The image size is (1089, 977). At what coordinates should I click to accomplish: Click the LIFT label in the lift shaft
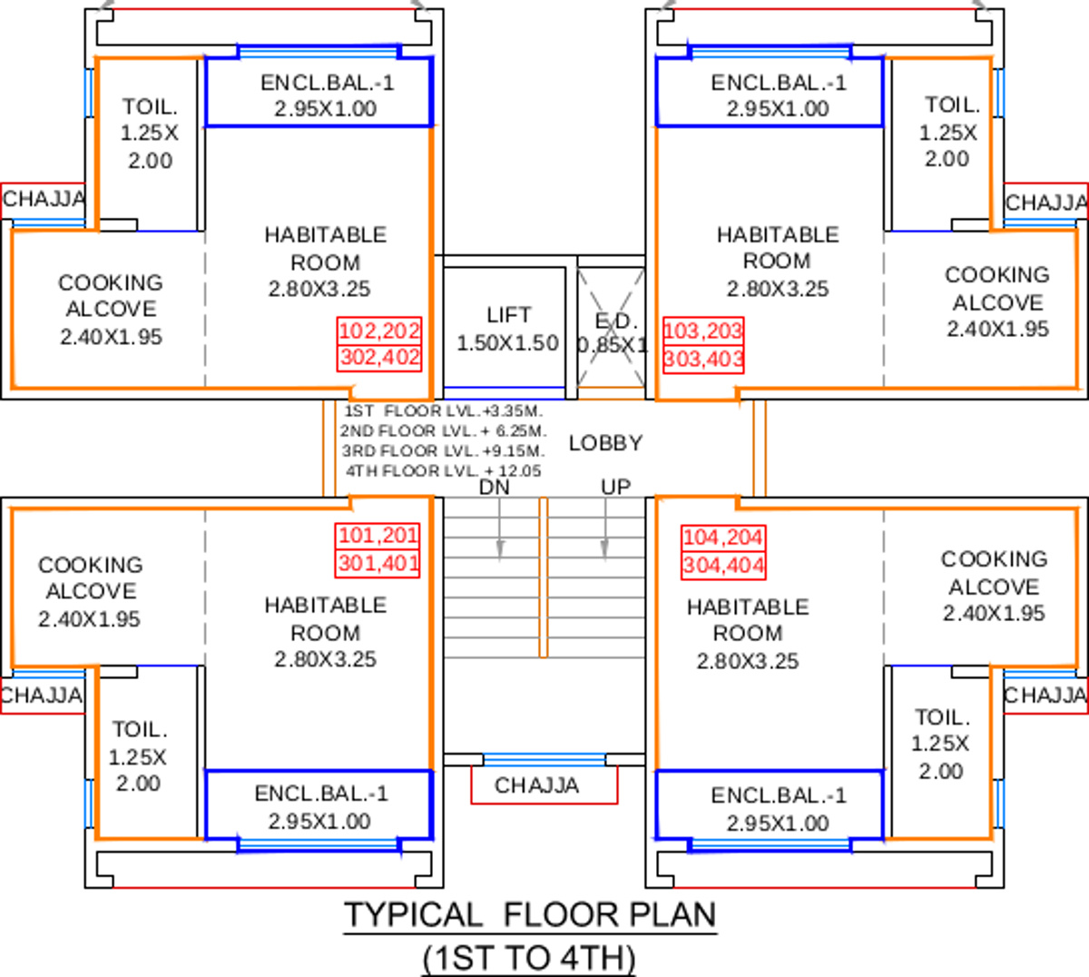pos(508,315)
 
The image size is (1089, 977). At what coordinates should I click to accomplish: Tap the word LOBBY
pos(606,443)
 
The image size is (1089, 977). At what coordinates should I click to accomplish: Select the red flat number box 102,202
pos(379,331)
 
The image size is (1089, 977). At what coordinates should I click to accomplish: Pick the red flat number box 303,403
pos(703,359)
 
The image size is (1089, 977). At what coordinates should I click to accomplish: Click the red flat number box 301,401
pos(378,563)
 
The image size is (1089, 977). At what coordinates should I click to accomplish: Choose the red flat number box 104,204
pos(723,538)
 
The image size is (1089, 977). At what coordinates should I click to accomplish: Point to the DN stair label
pos(495,488)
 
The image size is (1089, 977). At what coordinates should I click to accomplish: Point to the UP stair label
pos(615,488)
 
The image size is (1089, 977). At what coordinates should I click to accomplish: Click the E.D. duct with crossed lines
pos(611,328)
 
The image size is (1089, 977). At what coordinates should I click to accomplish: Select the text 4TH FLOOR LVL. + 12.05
pos(444,470)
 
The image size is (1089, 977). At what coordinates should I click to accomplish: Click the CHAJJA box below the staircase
pos(544,785)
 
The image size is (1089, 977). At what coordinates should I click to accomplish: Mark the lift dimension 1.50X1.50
pos(508,343)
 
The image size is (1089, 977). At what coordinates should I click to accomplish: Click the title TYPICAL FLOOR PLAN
pos(530,914)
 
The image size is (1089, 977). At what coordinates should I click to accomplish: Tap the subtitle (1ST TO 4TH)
pos(529,958)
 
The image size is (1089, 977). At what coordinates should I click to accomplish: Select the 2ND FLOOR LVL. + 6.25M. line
pos(444,431)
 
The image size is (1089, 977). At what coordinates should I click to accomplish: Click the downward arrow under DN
pos(500,529)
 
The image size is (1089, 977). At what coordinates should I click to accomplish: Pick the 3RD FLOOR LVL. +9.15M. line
pos(444,451)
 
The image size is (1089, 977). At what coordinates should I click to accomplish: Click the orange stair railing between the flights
pos(544,577)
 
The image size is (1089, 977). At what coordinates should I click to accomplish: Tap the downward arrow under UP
pos(605,529)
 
